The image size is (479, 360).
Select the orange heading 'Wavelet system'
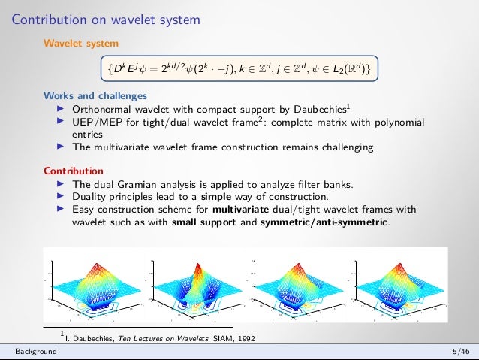point(80,44)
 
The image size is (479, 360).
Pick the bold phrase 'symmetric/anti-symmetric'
point(324,222)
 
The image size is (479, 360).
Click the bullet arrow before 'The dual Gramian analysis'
point(62,183)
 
